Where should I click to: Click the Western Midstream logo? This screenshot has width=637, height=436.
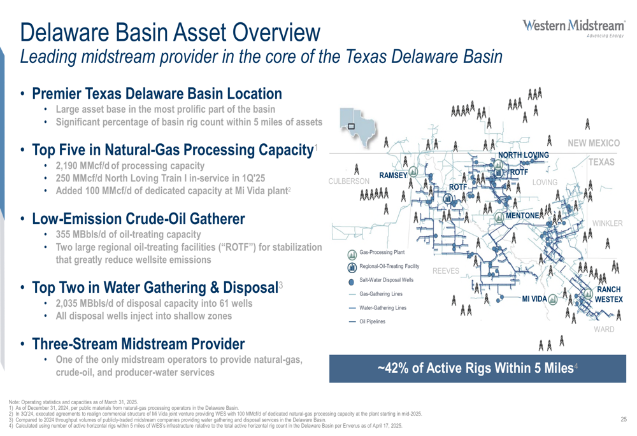pos(573,28)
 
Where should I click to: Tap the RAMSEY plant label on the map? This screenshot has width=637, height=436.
pos(393,176)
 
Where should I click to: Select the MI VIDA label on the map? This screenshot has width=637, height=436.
pos(534,299)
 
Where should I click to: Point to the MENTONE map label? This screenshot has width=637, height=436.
pos(522,216)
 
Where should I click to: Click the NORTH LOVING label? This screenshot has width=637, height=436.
pos(523,155)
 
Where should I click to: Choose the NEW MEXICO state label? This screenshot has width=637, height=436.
pos(594,143)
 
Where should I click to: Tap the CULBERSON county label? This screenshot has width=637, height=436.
pos(349,181)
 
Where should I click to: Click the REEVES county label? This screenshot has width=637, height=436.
pos(446,271)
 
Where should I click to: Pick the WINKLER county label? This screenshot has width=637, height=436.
pos(607,223)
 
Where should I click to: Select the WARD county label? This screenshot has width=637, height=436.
pos(604,329)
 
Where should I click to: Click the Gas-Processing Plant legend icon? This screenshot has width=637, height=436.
pos(352,254)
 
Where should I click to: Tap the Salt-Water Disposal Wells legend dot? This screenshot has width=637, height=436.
pos(352,281)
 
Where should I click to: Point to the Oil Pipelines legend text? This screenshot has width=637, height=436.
pos(372,321)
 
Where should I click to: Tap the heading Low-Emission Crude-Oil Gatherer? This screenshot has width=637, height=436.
pos(138,219)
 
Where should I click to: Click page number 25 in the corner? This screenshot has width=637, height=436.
pos(624,419)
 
